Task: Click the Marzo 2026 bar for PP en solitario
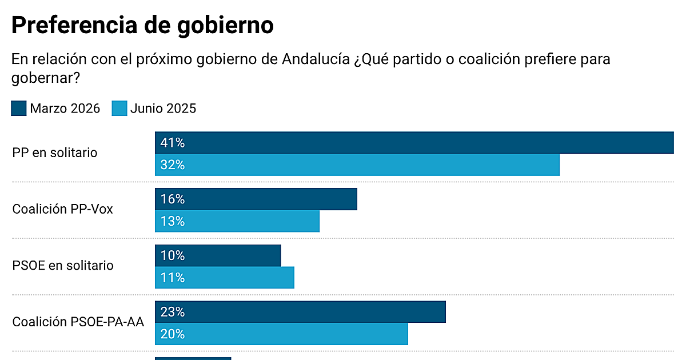(414, 142)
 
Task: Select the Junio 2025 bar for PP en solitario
(357, 165)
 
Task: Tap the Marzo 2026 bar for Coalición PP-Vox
(256, 199)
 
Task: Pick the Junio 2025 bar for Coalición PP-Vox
(237, 221)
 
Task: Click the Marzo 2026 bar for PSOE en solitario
(218, 255)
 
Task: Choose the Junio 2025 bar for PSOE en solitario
(224, 278)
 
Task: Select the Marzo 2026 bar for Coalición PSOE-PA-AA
(300, 312)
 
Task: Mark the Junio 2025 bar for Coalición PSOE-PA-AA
(281, 334)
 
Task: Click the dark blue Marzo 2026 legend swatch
(19, 108)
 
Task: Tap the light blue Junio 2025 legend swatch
(119, 108)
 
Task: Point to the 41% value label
(173, 142)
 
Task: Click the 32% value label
(173, 165)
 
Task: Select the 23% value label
(173, 312)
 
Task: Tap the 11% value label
(173, 278)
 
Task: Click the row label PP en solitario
(55, 153)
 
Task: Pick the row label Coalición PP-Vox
(63, 209)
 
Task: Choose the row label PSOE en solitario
(63, 266)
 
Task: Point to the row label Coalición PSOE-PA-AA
(78, 322)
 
